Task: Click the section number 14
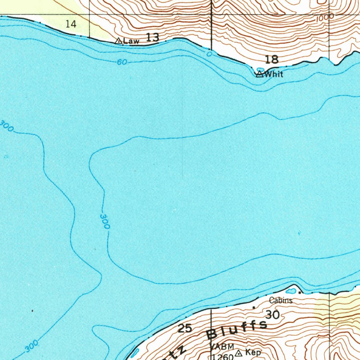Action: pos(71,24)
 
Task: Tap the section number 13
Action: pos(153,37)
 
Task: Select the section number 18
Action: pos(272,59)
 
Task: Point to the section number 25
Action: pos(185,328)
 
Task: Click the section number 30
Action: pos(273,315)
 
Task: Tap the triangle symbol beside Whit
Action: pos(259,74)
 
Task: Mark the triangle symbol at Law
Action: pos(119,41)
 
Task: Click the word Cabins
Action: pos(281,301)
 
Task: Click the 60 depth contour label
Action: pos(122,62)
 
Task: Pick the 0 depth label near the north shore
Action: pos(210,54)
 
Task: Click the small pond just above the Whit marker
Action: pos(261,69)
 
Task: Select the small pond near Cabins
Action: pos(291,291)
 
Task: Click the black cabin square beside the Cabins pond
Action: pos(300,292)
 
